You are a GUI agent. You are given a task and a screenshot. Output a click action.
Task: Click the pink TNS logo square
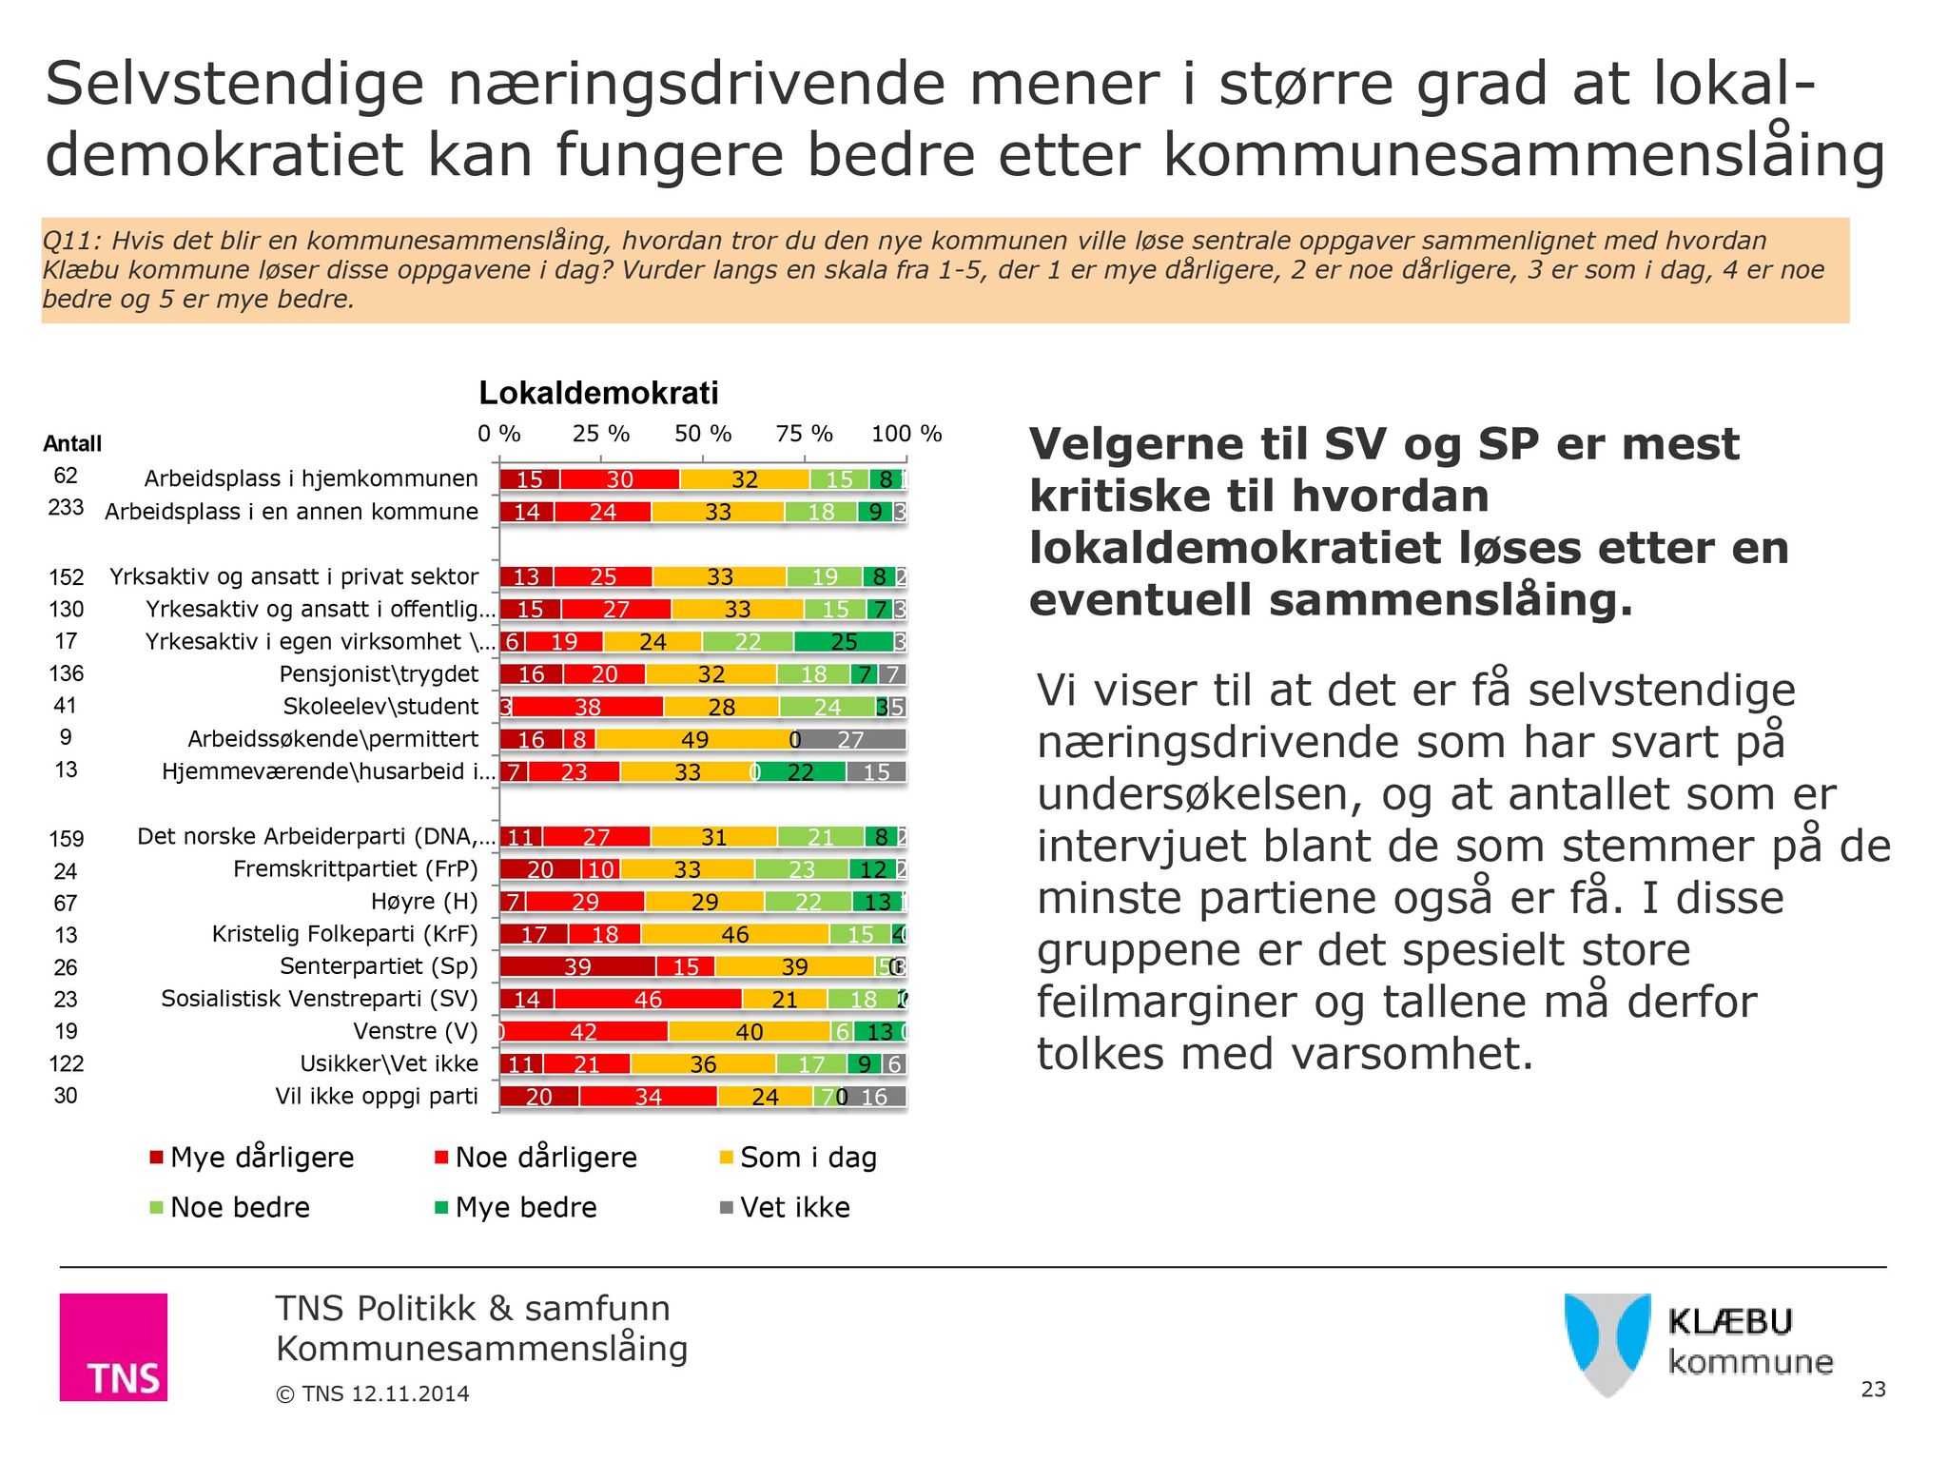coord(113,1346)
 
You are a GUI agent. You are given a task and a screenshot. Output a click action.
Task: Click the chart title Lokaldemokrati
coord(598,393)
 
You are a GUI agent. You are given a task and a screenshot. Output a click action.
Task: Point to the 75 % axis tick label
coord(804,434)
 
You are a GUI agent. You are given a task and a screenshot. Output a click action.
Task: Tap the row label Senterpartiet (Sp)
coord(379,966)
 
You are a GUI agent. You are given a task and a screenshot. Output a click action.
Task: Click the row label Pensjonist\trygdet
coord(379,674)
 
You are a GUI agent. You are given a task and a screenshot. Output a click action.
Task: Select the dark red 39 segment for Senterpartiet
coord(577,967)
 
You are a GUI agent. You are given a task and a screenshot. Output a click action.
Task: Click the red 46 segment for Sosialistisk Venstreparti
coord(648,1000)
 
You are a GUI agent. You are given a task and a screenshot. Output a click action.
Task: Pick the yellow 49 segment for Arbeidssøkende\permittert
coord(694,740)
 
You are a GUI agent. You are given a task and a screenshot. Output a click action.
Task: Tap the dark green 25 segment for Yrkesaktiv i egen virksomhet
coord(844,642)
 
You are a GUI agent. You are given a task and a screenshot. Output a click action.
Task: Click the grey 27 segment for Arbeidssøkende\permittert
coord(850,740)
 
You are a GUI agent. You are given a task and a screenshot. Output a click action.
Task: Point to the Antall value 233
coord(66,508)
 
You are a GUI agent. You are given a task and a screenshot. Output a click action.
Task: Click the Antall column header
coord(72,443)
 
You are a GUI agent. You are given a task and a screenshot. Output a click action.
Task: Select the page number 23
coord(1873,1390)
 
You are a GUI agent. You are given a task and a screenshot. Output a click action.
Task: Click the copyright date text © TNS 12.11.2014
coord(373,1394)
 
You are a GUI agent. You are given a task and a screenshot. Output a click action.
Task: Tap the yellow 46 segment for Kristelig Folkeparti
coord(734,935)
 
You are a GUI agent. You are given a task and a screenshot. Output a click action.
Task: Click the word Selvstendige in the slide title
coord(234,84)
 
